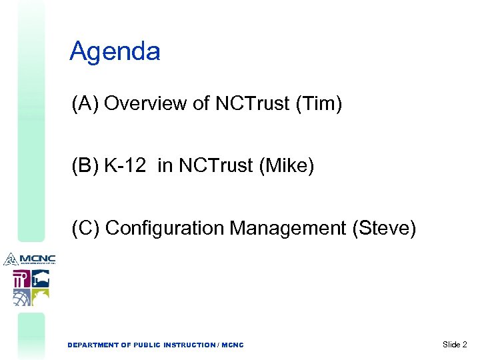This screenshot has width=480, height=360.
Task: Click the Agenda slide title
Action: tap(115, 51)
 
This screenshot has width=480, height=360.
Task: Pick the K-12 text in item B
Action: tap(125, 166)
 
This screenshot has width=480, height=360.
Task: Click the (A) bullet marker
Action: tap(85, 104)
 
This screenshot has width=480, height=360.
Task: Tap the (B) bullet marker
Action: tap(85, 166)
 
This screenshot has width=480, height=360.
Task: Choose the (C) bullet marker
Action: tap(86, 228)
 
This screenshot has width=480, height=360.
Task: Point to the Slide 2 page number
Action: tap(455, 344)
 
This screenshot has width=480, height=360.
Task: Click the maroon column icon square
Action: tap(21, 278)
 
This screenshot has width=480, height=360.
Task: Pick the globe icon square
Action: tap(21, 297)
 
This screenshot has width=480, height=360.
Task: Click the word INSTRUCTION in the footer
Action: tap(183, 345)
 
